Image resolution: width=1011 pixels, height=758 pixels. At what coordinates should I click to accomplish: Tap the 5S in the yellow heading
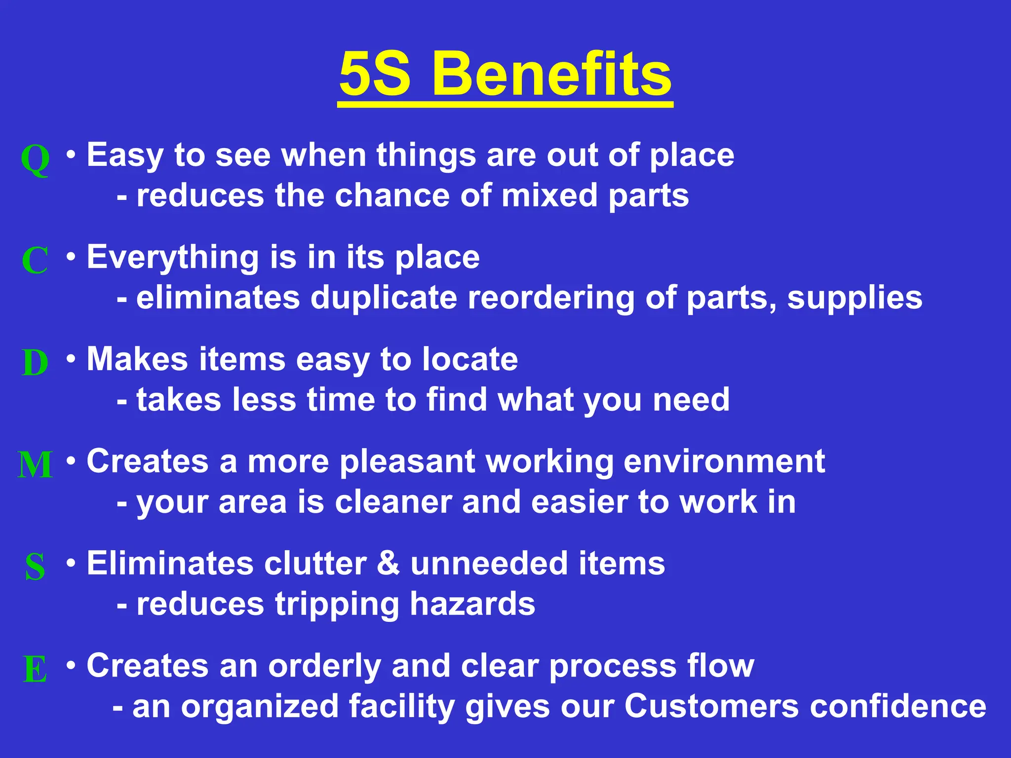click(375, 74)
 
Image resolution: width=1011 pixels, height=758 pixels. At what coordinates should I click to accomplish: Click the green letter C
click(35, 260)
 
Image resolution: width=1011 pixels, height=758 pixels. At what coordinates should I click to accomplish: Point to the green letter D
click(35, 362)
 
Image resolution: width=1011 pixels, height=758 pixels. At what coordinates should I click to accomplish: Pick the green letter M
click(35, 464)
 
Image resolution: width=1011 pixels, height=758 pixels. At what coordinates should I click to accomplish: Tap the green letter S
click(35, 567)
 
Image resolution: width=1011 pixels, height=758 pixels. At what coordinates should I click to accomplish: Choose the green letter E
click(35, 669)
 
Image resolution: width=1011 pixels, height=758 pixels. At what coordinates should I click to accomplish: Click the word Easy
click(125, 156)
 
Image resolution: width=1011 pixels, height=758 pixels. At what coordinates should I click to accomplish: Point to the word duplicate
click(384, 298)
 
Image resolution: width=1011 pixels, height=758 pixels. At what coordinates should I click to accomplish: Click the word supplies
click(855, 299)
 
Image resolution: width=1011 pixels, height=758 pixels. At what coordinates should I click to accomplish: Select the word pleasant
click(407, 462)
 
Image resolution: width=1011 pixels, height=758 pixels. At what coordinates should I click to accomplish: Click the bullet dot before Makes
click(72, 358)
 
